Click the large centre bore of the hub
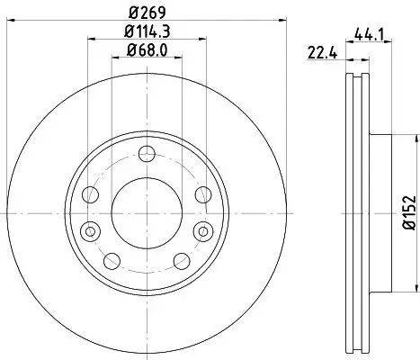(143, 211)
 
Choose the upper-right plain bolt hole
(201, 194)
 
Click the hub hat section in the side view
(378, 211)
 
